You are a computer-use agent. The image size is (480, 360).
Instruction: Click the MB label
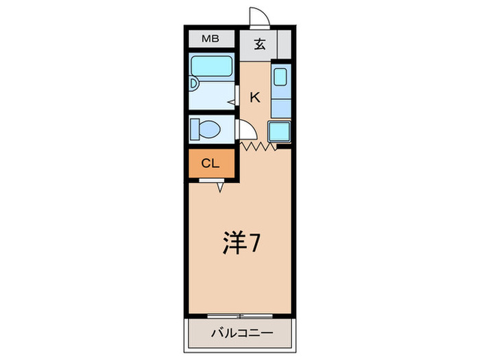210,39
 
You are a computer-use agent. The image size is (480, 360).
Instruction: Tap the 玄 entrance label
260,45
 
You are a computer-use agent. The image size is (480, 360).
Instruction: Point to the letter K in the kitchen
254,97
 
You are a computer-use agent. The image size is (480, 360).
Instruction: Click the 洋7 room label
240,245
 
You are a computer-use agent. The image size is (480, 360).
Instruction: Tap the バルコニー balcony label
241,334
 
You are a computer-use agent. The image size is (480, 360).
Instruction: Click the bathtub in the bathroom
212,67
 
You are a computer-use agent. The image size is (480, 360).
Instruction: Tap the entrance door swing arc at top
257,18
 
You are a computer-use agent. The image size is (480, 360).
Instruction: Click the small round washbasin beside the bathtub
193,85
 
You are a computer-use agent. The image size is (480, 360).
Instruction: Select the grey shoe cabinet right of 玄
284,46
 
